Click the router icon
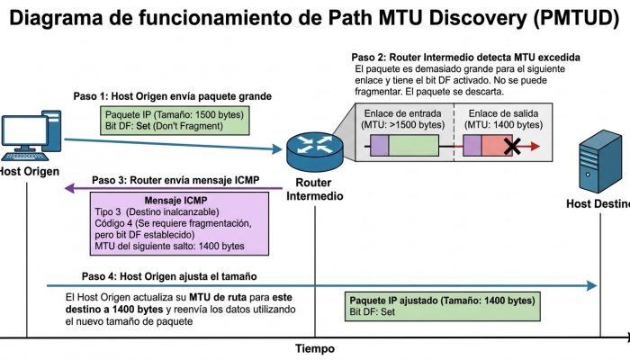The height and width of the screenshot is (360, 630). coord(315,152)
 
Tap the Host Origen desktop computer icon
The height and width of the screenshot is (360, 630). coord(31,135)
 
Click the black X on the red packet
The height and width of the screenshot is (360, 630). coord(512,146)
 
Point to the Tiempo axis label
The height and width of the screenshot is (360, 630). coord(315,348)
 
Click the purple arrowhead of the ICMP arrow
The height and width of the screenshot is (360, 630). coord(69,187)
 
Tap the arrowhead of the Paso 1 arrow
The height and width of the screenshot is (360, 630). coord(277,149)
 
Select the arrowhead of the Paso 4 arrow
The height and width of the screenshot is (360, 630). coord(591,285)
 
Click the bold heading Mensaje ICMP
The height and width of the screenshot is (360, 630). coord(175,200)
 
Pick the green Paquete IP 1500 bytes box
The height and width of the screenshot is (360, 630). coord(175,121)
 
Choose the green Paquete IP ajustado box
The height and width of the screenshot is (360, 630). coord(443,307)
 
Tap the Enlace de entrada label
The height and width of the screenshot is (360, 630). coord(402,113)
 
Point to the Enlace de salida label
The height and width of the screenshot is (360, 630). coord(503,113)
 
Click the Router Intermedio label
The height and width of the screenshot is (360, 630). coord(315,189)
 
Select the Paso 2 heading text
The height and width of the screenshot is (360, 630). coord(465,58)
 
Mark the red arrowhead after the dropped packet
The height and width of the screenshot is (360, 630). coord(535,146)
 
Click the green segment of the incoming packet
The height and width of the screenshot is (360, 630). coord(413,146)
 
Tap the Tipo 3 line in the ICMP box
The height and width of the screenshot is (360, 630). coord(157,211)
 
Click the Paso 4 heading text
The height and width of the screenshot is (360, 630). coord(169,276)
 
